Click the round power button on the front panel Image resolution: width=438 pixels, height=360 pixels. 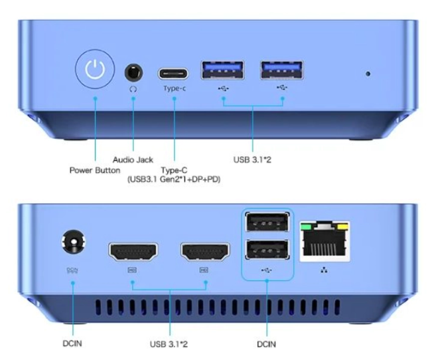pyautogui.click(x=95, y=69)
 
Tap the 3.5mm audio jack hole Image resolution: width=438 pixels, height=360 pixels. pyautogui.click(x=133, y=72)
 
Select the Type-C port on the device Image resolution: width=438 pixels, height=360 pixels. pyautogui.click(x=173, y=74)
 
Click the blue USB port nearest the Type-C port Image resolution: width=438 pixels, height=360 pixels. pyautogui.click(x=222, y=70)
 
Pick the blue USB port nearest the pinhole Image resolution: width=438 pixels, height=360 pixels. pyautogui.click(x=282, y=70)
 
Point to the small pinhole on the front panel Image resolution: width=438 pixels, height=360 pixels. pyautogui.click(x=368, y=74)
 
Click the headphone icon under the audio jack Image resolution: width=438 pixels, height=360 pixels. pyautogui.click(x=133, y=89)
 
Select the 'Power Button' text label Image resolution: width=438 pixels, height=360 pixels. pyautogui.click(x=95, y=170)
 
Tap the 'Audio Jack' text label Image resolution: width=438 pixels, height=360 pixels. pyautogui.click(x=133, y=160)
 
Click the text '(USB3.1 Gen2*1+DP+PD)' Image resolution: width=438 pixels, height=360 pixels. pyautogui.click(x=174, y=179)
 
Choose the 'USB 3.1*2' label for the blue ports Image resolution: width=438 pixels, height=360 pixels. pyautogui.click(x=252, y=160)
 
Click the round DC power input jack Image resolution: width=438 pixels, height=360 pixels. pyautogui.click(x=74, y=242)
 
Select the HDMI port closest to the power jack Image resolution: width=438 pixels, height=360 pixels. pyautogui.click(x=133, y=252)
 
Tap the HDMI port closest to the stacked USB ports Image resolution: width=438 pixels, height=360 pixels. pyautogui.click(x=205, y=252)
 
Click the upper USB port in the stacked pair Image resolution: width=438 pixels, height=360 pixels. pyautogui.click(x=267, y=222)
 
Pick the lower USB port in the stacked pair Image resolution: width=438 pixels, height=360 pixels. pyautogui.click(x=267, y=250)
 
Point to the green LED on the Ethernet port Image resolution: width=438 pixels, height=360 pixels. pyautogui.click(x=307, y=226)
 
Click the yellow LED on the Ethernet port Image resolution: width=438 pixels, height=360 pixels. pyautogui.click(x=343, y=226)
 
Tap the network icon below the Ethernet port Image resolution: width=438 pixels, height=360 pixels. pyautogui.click(x=324, y=270)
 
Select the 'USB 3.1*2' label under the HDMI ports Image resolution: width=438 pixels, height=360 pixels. pyautogui.click(x=169, y=344)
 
